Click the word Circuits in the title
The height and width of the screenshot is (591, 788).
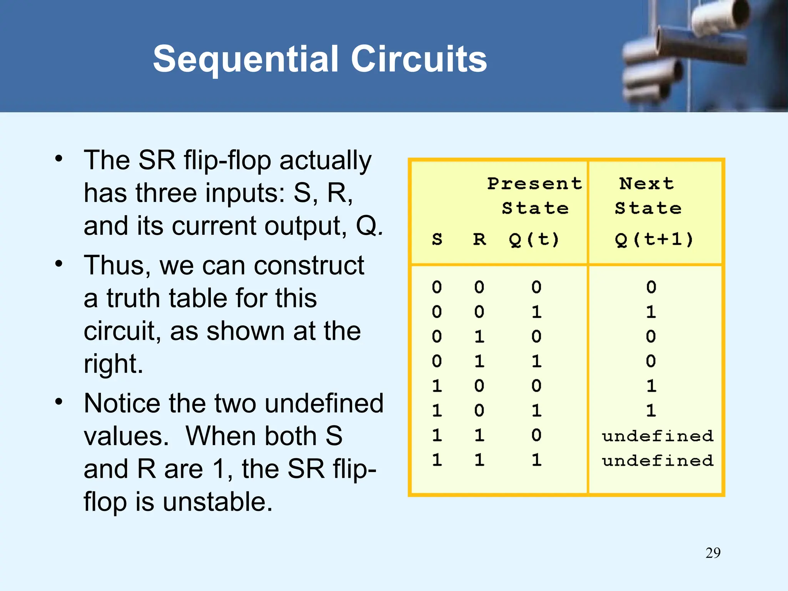pos(419,59)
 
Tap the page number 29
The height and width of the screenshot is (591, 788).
pos(713,553)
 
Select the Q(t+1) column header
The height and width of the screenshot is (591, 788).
pos(654,239)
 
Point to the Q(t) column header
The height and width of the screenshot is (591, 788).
pos(534,239)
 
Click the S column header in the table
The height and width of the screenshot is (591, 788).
pos(437,239)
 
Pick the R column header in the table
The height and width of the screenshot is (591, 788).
pos(479,239)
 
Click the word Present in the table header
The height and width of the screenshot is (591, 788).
pos(535,184)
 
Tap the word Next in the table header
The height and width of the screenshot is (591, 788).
pos(647,184)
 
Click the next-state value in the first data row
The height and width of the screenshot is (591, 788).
pos(651,287)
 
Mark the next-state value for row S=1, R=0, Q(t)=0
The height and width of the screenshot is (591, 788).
pos(651,386)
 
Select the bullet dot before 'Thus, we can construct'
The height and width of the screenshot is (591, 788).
pos(58,264)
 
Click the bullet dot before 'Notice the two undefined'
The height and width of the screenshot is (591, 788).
pos(58,402)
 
